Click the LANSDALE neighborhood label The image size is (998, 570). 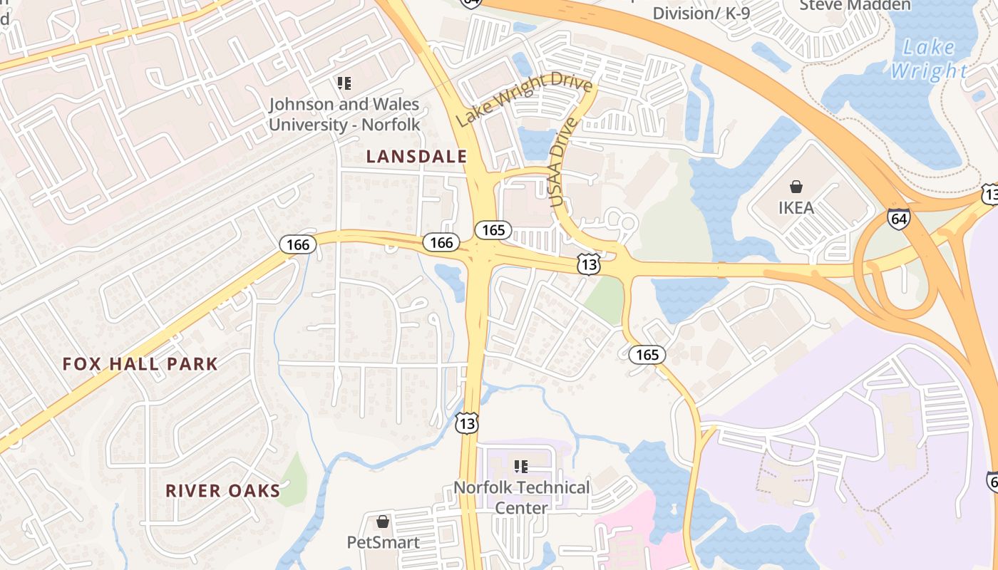click(416, 157)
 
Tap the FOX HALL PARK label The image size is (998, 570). click(140, 364)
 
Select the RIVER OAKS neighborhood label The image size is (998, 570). click(223, 491)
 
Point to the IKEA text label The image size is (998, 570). click(796, 208)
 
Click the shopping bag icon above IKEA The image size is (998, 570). click(796, 187)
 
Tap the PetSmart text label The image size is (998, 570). click(383, 542)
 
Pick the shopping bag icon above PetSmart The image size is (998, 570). click(383, 522)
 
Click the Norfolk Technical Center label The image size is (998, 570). click(522, 498)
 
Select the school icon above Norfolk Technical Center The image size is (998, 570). click(521, 467)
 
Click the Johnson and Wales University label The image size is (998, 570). click(344, 114)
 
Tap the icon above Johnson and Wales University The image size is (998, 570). click(344, 83)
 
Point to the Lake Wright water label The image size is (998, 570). click(929, 59)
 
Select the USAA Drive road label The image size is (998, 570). click(562, 162)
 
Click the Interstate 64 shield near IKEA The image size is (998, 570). click(899, 219)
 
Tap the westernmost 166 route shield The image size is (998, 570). click(297, 245)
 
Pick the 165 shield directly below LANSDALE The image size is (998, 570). click(493, 229)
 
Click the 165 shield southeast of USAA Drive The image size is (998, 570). click(647, 354)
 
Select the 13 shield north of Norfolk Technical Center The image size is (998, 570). click(467, 423)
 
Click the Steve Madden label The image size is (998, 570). click(855, 6)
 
